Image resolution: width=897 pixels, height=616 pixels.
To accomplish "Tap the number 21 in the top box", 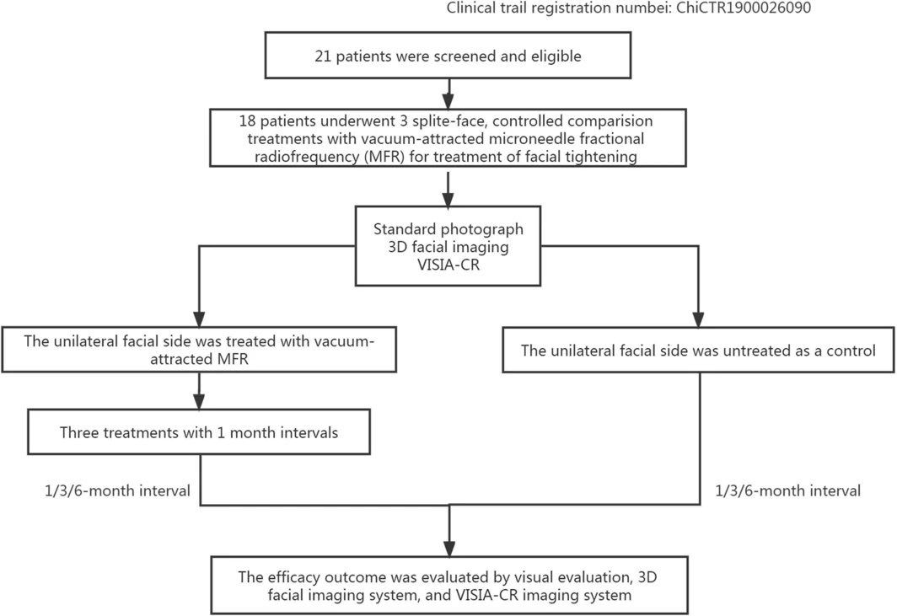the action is tap(323, 56).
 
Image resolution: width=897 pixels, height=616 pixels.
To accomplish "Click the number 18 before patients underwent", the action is tap(247, 121).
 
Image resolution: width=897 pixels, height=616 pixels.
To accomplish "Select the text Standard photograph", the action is tap(448, 229).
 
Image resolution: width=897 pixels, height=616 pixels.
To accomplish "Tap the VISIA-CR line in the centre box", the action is tap(448, 265).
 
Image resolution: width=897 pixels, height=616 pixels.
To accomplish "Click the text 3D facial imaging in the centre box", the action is tap(448, 247).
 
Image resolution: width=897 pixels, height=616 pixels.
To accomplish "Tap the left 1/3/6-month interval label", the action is tap(117, 490).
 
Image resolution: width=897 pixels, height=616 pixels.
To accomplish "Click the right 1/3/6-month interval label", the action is tap(787, 490).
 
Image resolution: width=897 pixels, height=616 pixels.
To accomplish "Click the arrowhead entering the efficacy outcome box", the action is tap(449, 548).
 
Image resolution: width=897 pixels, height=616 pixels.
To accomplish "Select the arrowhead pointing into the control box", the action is tap(698, 319).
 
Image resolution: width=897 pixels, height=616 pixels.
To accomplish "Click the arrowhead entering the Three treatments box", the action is tap(199, 401).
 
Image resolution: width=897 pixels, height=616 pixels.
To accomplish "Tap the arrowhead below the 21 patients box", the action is tap(448, 101).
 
